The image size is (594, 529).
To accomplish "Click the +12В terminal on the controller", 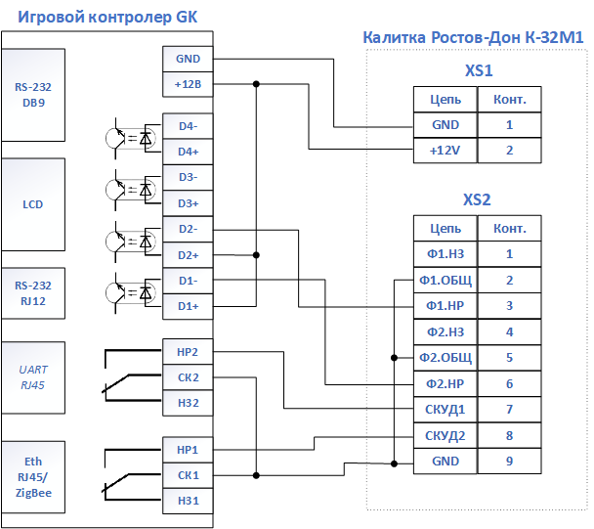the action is coord(188,84).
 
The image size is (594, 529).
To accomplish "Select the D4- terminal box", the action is coord(188,126).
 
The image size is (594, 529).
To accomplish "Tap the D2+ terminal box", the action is coord(188,255).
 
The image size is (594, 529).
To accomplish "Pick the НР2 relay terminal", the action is coord(188,352).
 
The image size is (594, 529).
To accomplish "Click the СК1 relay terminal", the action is coord(188,475).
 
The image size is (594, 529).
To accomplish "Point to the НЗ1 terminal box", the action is coord(188,501).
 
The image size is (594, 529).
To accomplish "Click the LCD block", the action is coord(33,204).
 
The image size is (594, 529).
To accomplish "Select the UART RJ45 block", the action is coord(33,377).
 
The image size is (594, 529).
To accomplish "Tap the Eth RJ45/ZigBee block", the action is coord(33,477).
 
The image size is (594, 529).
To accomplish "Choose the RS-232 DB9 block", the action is coord(33,95).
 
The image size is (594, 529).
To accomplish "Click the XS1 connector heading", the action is coord(479,71).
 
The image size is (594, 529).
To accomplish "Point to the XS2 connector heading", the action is coord(477,199).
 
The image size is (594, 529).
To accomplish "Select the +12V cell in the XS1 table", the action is coord(445,151).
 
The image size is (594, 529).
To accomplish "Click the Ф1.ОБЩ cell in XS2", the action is coord(445,281).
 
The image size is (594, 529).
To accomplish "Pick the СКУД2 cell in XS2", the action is coord(445,436).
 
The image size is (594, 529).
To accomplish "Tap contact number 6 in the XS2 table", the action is coord(510,383).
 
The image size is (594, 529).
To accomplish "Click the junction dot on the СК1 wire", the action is coord(256,475).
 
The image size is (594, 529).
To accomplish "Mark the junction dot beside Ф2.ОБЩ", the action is coord(394,358).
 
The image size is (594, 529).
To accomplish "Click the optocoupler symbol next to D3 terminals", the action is coord(131,190).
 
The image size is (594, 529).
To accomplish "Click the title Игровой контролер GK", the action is coord(107,17).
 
